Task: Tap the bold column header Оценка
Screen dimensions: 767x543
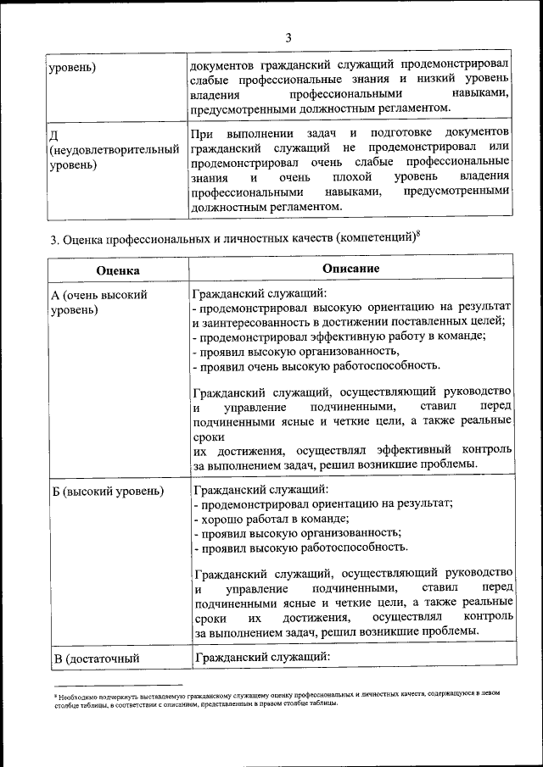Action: pyautogui.click(x=118, y=269)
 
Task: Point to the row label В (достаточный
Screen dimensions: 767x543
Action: pyautogui.click(x=95, y=657)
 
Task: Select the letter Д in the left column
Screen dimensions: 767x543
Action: pyautogui.click(x=54, y=135)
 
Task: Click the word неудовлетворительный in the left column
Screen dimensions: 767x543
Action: pyautogui.click(x=114, y=149)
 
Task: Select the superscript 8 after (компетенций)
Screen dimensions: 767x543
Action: pyautogui.click(x=418, y=233)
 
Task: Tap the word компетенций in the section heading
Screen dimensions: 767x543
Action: pyautogui.click(x=376, y=239)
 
